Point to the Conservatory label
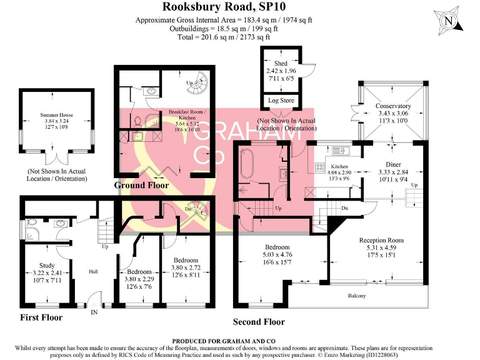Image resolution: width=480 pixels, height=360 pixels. click(393, 106)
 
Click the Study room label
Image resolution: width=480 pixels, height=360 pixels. click(47, 265)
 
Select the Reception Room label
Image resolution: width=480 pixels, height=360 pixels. click(381, 240)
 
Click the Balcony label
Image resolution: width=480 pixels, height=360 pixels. click(357, 296)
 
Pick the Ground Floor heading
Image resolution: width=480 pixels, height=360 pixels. click(142, 186)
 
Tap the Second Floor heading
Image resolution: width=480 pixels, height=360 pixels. click(259, 322)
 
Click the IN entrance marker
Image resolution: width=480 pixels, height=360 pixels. click(95, 311)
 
